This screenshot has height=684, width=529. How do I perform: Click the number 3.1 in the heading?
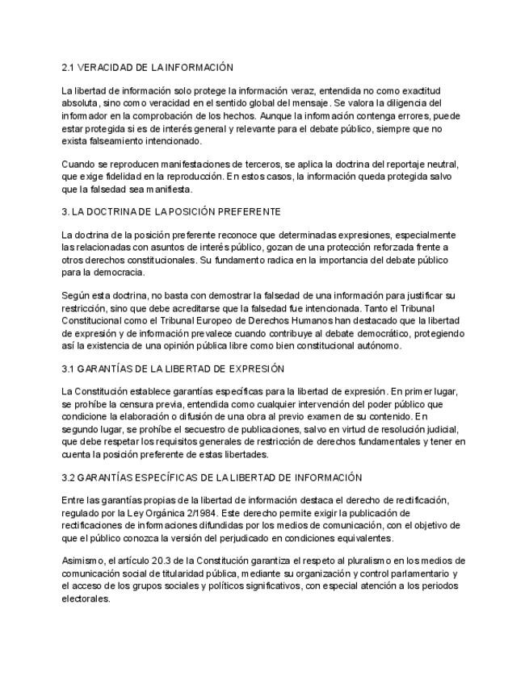[x=69, y=369]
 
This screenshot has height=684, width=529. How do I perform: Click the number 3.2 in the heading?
[x=69, y=478]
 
